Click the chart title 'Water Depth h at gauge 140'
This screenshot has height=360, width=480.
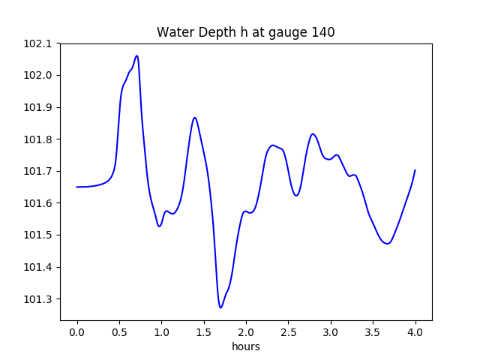pyautogui.click(x=245, y=32)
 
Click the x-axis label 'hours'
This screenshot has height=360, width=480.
pyautogui.click(x=245, y=346)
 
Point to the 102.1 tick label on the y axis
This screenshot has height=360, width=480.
pyautogui.click(x=37, y=43)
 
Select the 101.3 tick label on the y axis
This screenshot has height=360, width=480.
pyautogui.click(x=37, y=299)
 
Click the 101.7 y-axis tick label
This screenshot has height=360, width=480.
pyautogui.click(x=37, y=172)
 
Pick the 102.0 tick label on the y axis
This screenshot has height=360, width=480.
pyautogui.click(x=37, y=76)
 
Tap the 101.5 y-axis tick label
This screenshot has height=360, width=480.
pyautogui.click(x=37, y=235)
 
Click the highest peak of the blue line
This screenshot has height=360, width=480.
pyautogui.click(x=136, y=55)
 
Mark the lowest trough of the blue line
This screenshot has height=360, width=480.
pyautogui.click(x=220, y=307)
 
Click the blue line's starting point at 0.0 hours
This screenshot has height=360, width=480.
pyautogui.click(x=77, y=187)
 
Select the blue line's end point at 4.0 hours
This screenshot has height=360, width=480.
pyautogui.click(x=415, y=170)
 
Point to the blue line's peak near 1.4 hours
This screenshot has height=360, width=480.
pyautogui.click(x=195, y=118)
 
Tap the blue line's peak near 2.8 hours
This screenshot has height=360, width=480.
pyautogui.click(x=313, y=134)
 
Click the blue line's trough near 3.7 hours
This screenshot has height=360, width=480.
pyautogui.click(x=388, y=244)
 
